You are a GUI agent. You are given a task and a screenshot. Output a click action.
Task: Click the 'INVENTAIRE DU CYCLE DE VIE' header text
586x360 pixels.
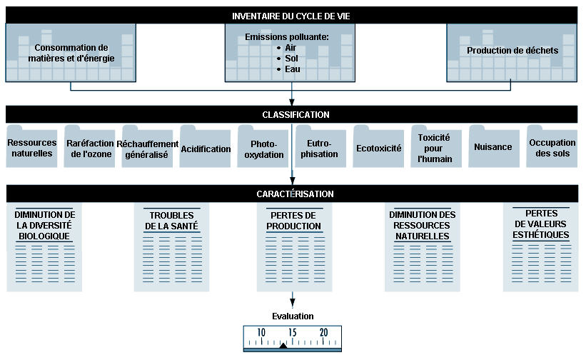(291, 16)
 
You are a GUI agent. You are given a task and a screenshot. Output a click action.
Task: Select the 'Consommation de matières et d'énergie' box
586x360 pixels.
(71, 53)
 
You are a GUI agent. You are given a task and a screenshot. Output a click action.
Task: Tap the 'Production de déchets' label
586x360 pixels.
(512, 51)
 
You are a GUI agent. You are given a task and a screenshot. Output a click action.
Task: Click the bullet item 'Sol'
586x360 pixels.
(291, 59)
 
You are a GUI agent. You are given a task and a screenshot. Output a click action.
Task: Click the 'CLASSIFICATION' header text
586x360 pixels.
(295, 115)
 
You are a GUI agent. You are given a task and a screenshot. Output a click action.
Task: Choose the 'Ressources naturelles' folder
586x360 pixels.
(32, 146)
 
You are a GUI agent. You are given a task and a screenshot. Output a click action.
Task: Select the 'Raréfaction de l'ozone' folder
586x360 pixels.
(90, 146)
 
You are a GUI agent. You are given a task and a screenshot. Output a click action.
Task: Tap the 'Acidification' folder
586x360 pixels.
(205, 146)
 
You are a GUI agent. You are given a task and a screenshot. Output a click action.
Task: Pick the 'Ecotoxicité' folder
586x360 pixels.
(378, 146)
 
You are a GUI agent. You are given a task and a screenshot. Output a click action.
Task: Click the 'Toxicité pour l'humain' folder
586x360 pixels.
(436, 146)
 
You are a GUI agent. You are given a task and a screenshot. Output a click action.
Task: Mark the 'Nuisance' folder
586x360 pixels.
(494, 146)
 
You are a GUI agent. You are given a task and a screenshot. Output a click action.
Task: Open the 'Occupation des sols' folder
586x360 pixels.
(552, 146)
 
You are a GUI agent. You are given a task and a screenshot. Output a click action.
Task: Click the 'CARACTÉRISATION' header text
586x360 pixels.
(295, 194)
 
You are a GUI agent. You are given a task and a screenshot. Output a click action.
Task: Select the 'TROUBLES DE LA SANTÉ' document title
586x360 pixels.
(171, 221)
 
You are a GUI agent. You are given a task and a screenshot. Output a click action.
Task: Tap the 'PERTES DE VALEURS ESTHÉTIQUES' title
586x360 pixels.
(541, 224)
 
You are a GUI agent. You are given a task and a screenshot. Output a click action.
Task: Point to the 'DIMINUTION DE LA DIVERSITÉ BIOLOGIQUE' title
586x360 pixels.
(44, 226)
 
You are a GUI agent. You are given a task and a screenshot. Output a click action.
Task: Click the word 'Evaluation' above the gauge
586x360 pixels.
(293, 316)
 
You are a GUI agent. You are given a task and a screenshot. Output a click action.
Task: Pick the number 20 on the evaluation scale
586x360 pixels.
(323, 332)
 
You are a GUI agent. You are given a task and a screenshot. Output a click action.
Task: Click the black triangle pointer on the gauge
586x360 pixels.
(283, 346)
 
